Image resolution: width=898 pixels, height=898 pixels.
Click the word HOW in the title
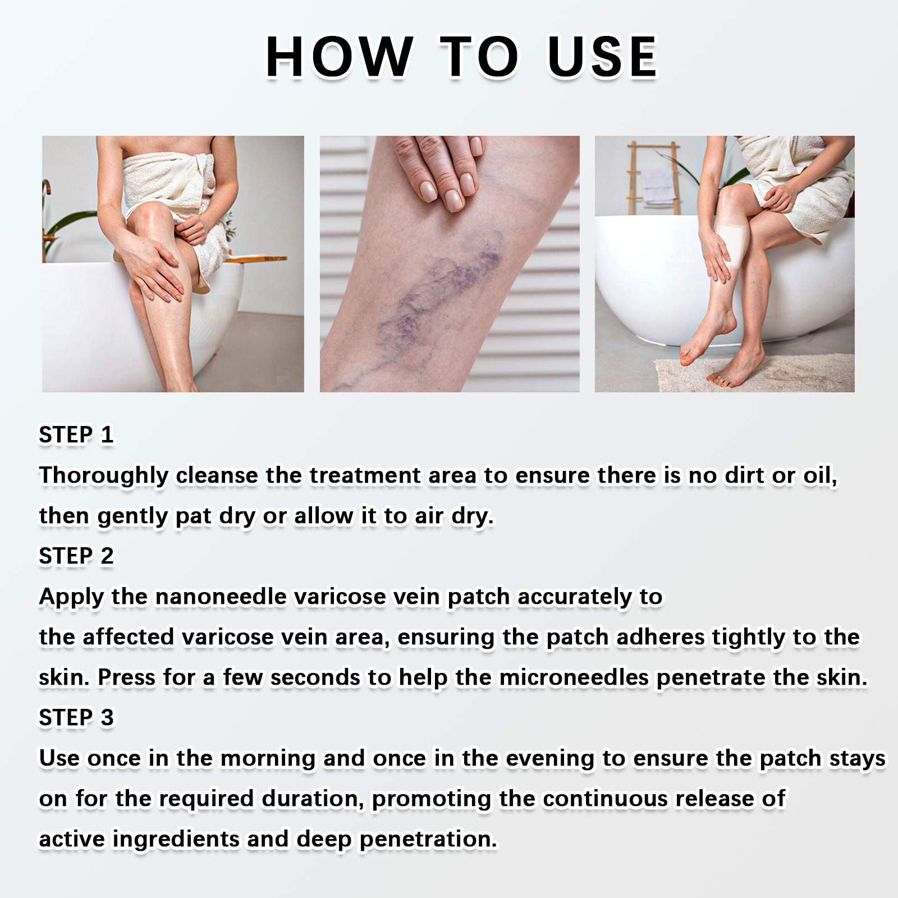click(340, 56)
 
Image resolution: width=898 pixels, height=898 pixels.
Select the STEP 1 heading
click(76, 435)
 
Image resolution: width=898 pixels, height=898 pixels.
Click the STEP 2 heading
click(76, 556)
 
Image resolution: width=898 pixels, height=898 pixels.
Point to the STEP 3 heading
click(76, 718)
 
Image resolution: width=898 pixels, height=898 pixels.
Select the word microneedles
click(574, 677)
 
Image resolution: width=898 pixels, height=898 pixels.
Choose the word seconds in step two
click(315, 677)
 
